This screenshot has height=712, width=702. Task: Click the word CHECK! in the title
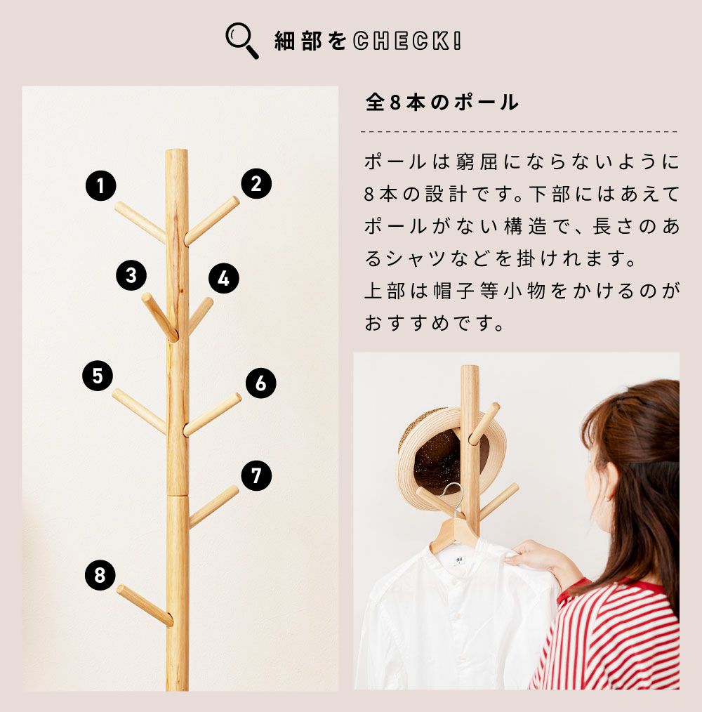407,41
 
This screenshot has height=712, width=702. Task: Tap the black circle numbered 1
101,185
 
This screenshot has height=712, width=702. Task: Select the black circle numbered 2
256,184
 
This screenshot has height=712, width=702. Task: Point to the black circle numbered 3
131,276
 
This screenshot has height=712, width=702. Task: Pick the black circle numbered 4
224,278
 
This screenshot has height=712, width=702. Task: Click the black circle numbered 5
98,376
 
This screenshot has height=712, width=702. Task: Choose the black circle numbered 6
261,383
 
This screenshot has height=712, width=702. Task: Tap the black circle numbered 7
256,476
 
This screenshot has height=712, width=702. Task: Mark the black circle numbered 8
100,575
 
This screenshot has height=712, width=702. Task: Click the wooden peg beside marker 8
145,606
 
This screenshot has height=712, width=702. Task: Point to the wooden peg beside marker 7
213,506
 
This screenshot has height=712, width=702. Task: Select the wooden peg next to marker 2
211,220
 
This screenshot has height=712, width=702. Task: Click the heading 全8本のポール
442,103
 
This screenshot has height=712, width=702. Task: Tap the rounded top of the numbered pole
177,154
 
